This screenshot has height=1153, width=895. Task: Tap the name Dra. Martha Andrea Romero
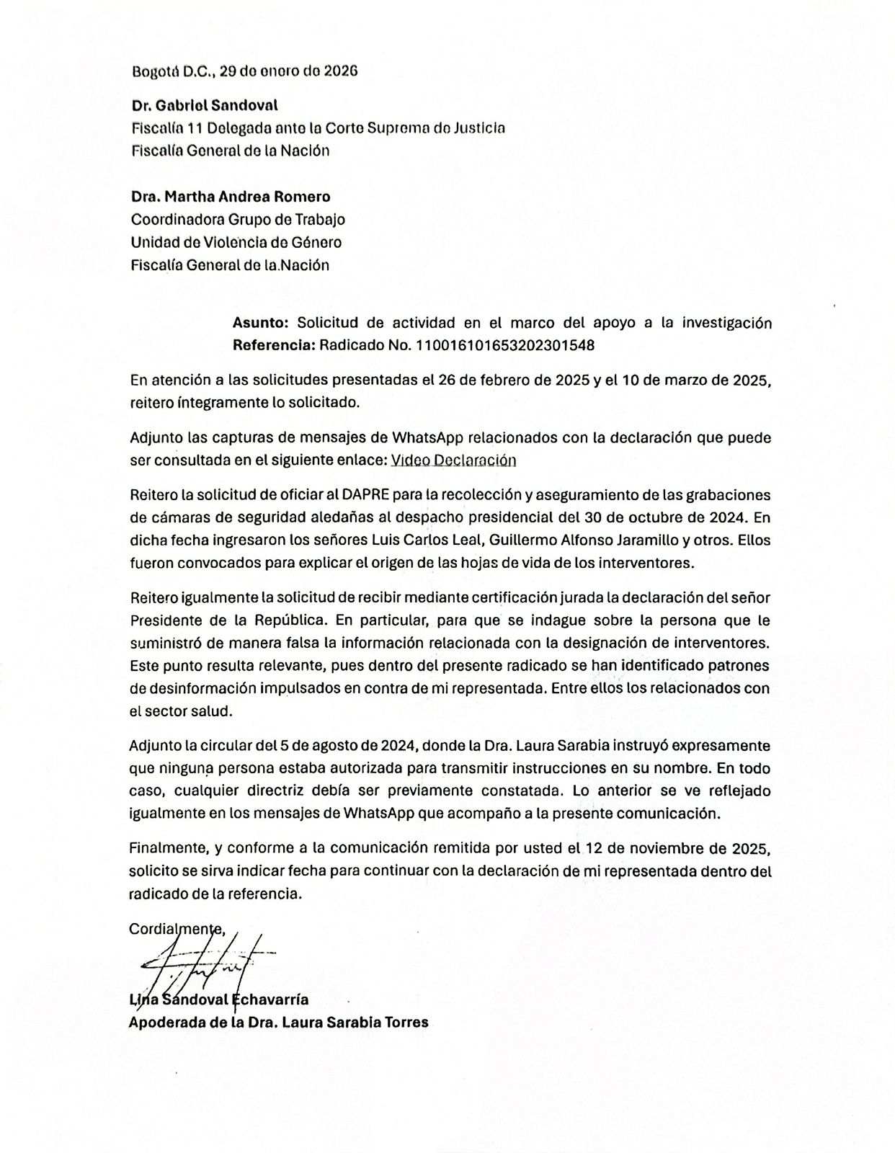pos(231,196)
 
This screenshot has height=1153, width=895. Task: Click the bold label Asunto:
pos(261,322)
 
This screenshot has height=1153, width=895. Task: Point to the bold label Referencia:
pos(274,344)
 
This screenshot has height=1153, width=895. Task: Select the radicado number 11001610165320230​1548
pos(505,344)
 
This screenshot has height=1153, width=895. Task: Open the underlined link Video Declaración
pos(453,460)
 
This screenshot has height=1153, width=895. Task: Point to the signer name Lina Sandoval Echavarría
pos(218,1000)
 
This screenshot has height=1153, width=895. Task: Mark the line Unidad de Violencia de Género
pos(236,242)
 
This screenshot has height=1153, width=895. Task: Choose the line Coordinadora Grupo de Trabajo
pos(238,219)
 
